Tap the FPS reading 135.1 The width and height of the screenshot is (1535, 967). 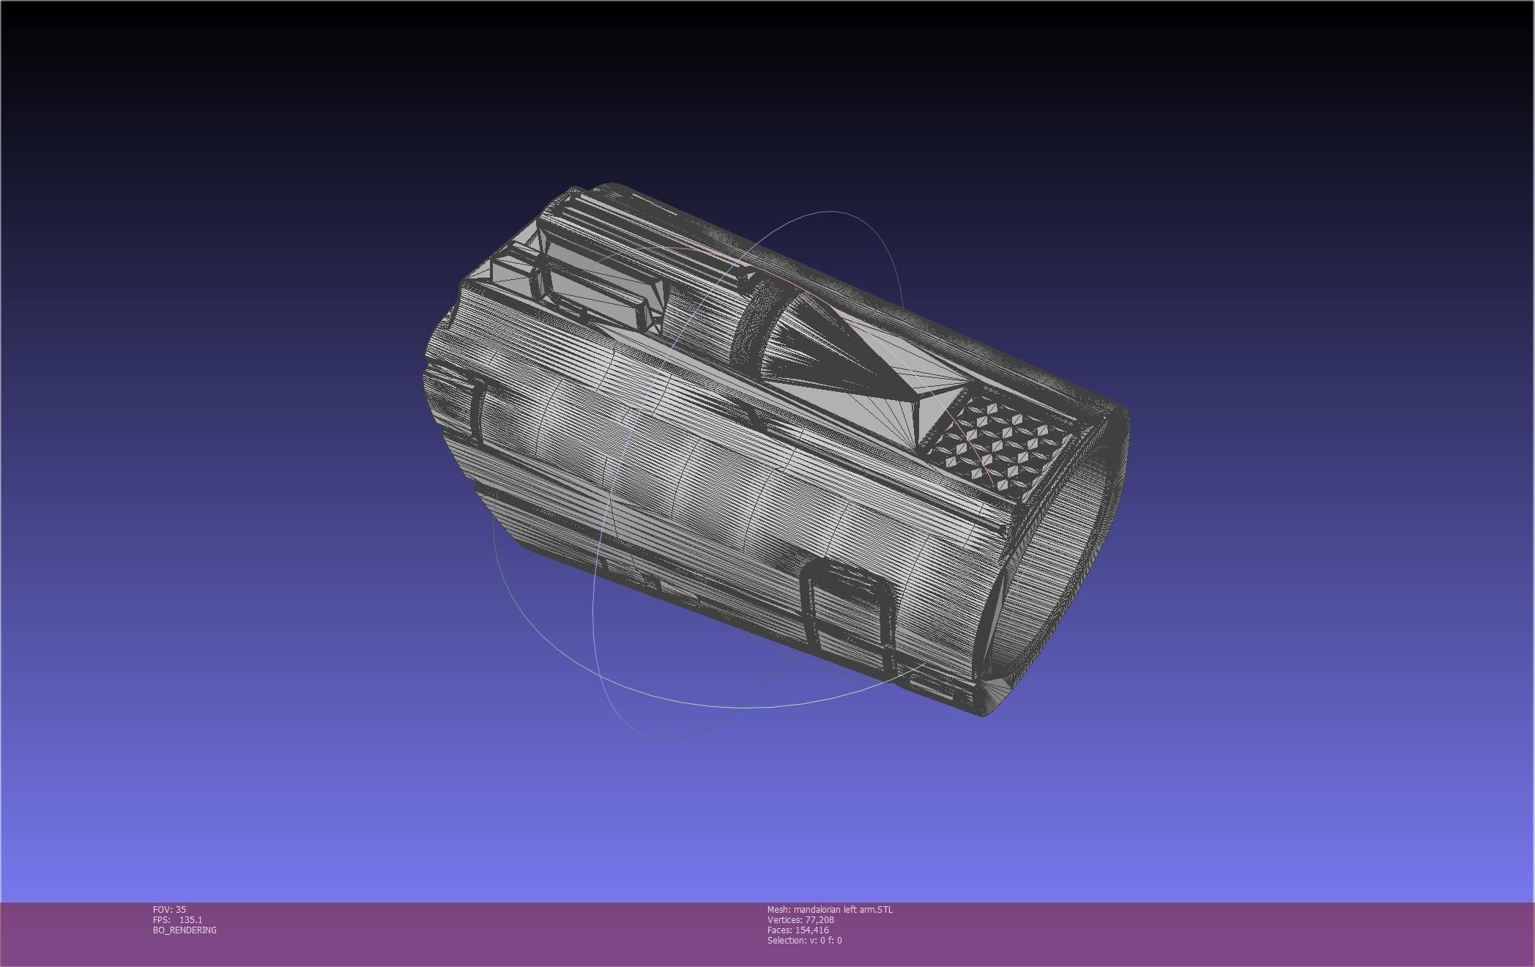point(190,919)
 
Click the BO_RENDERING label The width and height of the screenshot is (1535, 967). point(185,930)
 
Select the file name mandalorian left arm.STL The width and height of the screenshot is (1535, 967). point(843,909)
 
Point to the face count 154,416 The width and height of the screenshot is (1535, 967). point(811,930)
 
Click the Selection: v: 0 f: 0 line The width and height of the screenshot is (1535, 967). point(804,940)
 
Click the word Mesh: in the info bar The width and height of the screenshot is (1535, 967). point(778,909)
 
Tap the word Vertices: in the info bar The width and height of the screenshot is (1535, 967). point(784,919)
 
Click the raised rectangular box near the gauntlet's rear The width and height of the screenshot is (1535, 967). point(601,293)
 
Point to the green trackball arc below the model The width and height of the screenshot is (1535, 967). point(732,706)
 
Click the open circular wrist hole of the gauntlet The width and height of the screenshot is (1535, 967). point(1055,557)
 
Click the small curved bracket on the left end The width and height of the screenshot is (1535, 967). point(469,410)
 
